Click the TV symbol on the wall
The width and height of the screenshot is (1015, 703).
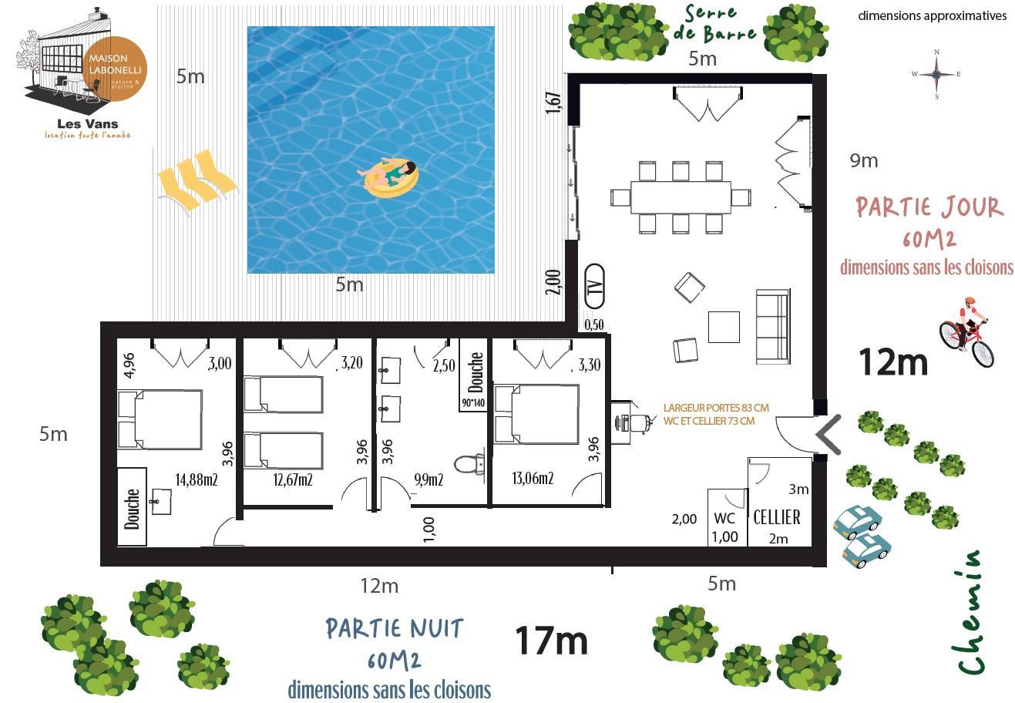coord(594,286)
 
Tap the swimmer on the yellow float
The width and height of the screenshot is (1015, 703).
coord(391,177)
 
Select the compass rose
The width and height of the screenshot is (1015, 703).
coord(936,74)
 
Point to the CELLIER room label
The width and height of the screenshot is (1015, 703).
coord(777,517)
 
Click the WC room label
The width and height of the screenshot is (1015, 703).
coord(724,518)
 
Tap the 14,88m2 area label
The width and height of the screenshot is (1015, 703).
coord(197,479)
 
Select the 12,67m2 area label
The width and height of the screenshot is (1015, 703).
coord(293,479)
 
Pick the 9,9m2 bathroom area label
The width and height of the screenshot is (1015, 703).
coord(429,479)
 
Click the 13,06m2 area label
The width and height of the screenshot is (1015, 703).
coord(533,478)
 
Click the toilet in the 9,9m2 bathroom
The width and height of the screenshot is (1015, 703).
coord(469,464)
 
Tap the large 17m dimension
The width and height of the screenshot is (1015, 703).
coord(552,640)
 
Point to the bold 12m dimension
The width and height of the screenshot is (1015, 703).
coord(893,362)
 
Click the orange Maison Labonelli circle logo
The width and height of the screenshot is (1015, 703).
coord(115,69)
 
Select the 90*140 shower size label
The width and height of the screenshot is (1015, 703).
coord(473,403)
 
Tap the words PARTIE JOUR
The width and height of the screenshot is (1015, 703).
coord(929,207)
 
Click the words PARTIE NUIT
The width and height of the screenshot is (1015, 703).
coord(395,628)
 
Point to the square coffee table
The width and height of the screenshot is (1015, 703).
coord(724,327)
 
